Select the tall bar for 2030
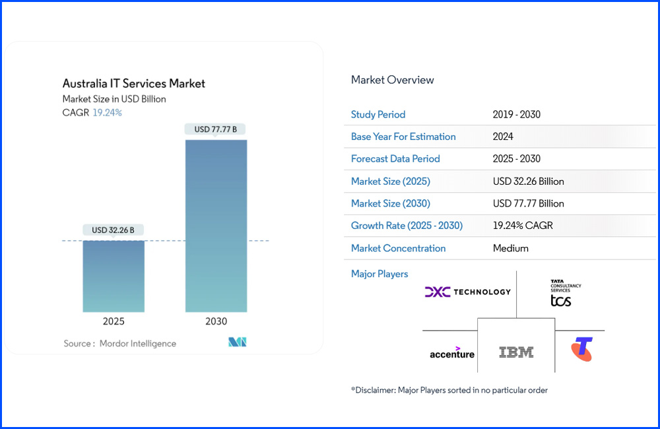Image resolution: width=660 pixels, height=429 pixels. [216, 225]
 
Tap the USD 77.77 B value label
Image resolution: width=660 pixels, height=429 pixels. [216, 130]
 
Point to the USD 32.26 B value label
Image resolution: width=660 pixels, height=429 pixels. [113, 230]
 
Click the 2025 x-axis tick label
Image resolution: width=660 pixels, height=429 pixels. [113, 321]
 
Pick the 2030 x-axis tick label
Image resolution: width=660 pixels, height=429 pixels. [216, 321]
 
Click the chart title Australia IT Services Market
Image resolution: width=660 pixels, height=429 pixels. [133, 84]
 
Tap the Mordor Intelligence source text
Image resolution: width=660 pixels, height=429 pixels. [137, 343]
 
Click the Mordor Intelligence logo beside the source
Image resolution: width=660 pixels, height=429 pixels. [237, 342]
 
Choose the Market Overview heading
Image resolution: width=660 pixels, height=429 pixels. [392, 80]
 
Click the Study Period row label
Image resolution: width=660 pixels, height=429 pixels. [378, 114]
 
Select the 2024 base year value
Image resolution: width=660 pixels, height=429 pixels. [503, 137]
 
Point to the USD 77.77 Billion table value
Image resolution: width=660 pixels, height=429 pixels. [528, 203]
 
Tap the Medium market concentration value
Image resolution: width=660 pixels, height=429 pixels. [510, 248]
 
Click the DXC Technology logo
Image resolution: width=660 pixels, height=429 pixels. [467, 292]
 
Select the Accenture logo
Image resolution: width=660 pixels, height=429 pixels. [451, 352]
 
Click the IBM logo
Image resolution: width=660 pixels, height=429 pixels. [516, 352]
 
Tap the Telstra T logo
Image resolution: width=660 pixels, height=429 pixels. [581, 349]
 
